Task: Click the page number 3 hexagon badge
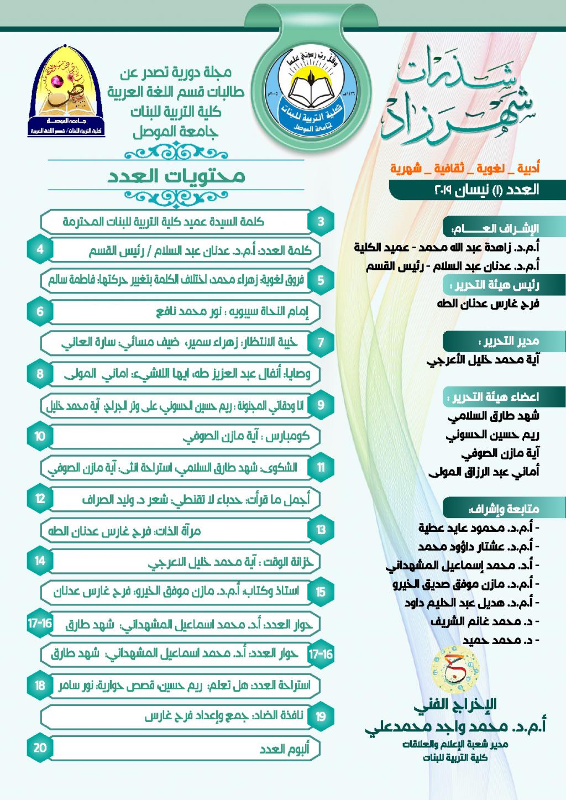coord(321,222)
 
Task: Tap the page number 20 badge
coord(40,748)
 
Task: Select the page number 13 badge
coord(321,530)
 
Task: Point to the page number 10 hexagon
coord(40,436)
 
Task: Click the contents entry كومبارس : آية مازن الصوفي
coord(246,437)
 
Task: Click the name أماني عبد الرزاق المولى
coord(484,472)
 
